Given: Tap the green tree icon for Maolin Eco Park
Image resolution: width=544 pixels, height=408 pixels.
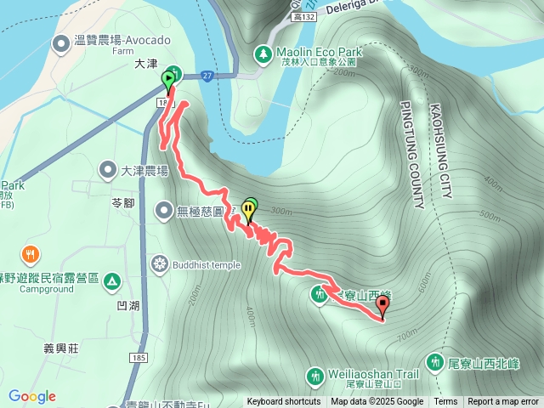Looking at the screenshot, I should tap(263, 55).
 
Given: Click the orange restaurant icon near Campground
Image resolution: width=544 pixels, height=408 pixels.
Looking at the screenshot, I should tap(31, 253).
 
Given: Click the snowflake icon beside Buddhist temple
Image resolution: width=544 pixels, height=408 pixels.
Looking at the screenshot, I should tap(158, 263).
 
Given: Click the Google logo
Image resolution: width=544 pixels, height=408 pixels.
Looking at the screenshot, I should tap(32, 396).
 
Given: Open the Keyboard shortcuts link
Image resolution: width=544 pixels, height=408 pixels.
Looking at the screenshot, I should tap(284, 402).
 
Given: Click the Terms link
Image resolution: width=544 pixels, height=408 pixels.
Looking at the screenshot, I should tap(445, 402).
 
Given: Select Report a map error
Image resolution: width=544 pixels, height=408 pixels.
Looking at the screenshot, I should tap(503, 402).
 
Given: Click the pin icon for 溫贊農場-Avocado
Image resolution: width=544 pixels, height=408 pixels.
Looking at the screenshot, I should tap(60, 42).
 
